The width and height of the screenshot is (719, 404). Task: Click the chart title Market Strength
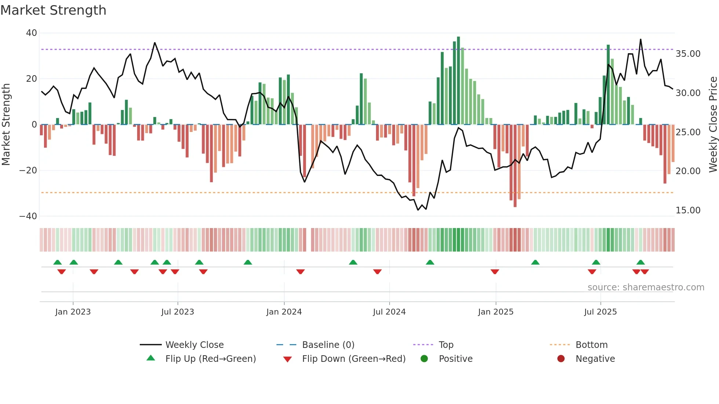53,10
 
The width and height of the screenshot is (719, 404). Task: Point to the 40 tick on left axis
32,33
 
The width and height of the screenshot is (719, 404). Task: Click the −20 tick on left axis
28,170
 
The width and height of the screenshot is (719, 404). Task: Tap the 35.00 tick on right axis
688,54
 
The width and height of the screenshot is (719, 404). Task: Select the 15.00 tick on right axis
688,210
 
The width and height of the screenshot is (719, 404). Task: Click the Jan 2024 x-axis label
284,312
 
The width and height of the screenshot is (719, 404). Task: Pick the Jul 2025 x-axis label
600,312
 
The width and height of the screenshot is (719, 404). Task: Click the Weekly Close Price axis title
713,125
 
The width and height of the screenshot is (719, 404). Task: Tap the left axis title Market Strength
6,125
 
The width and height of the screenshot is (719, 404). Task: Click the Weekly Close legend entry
194,345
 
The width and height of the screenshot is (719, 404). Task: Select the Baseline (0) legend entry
328,345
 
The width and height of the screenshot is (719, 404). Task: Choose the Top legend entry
446,345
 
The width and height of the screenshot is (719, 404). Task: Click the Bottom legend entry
591,345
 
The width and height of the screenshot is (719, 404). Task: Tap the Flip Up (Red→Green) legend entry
210,359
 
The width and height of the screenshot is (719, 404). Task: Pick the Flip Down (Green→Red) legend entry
353,359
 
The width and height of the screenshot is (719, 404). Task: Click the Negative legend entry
595,359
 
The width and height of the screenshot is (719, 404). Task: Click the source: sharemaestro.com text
646,287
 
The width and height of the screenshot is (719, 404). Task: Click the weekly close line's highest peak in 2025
640,40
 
